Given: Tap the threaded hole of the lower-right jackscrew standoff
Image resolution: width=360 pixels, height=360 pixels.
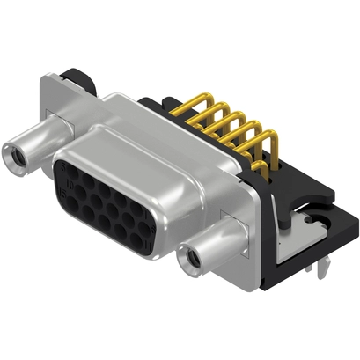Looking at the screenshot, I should (186, 260).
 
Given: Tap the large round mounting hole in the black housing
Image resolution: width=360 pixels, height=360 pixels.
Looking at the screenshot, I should (314, 211).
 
